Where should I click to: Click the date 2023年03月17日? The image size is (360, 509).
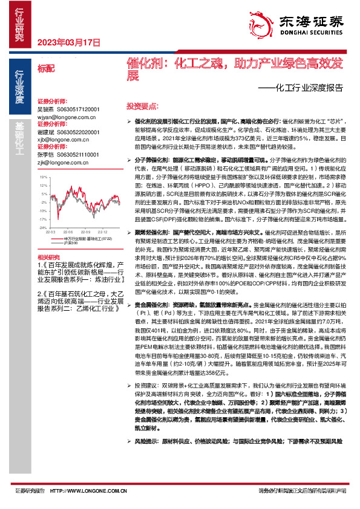click(x=68, y=42)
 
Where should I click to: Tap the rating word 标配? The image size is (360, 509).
click(x=45, y=68)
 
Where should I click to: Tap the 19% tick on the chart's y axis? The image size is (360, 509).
click(x=44, y=177)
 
